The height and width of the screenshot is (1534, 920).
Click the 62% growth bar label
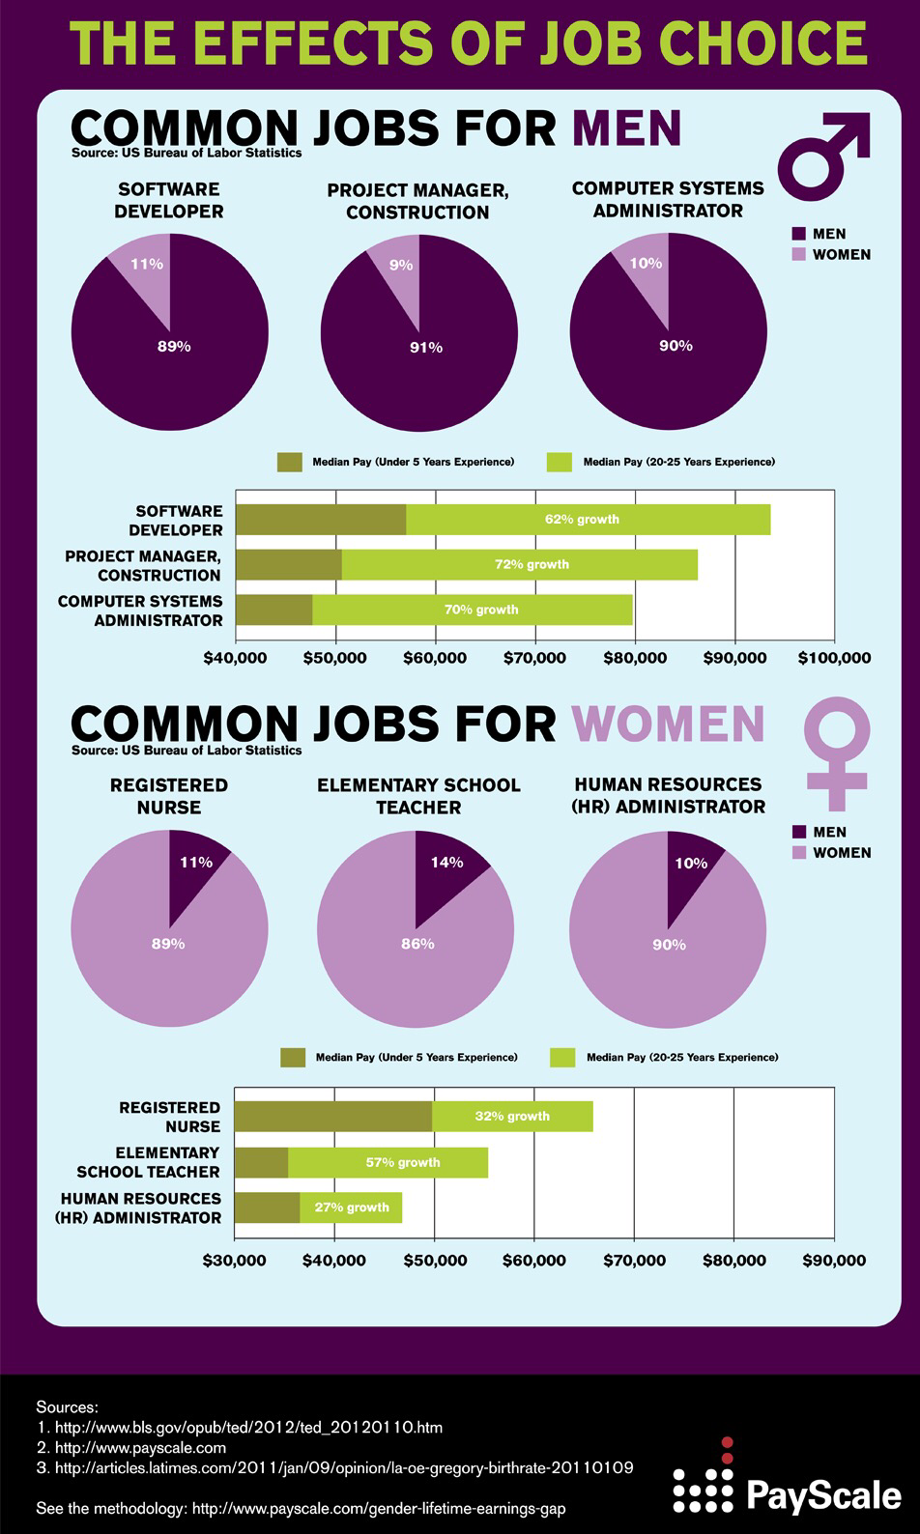(x=582, y=520)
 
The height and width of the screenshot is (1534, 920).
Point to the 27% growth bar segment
(x=352, y=1207)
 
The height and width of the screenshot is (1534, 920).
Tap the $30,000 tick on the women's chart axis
(x=235, y=1261)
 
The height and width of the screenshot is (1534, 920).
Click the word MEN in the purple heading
(x=627, y=128)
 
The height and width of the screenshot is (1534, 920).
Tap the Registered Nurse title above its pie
(x=169, y=796)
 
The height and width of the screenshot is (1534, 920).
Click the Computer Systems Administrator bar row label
(x=140, y=611)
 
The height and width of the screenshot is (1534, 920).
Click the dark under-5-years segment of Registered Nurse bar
(x=333, y=1117)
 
